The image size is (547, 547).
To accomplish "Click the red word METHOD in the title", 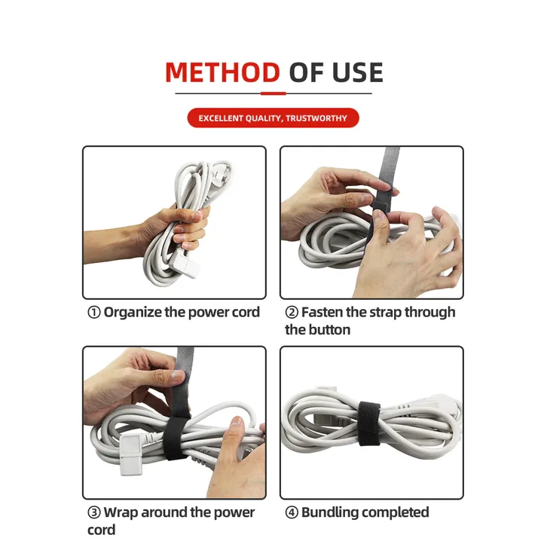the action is click(222, 72).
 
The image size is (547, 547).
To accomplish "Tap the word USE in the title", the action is click(357, 72).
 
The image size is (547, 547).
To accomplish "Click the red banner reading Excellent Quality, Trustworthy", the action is click(273, 118).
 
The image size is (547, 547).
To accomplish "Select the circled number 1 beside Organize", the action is click(94, 312).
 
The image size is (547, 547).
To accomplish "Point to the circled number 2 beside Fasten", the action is click(292, 312).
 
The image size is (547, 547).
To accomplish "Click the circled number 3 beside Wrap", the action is click(94, 512).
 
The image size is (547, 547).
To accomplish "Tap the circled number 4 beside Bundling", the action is click(292, 512).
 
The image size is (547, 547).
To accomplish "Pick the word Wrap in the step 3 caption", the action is click(121, 513).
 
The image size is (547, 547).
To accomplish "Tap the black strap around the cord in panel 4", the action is click(369, 423).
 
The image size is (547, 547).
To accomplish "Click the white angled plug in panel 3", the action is click(134, 454).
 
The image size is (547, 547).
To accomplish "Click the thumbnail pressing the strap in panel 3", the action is click(179, 375).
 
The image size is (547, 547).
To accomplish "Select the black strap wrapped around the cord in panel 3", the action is click(176, 436).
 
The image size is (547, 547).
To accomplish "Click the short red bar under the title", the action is click(273, 93).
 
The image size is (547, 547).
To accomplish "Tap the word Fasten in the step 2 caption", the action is click(322, 312).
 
